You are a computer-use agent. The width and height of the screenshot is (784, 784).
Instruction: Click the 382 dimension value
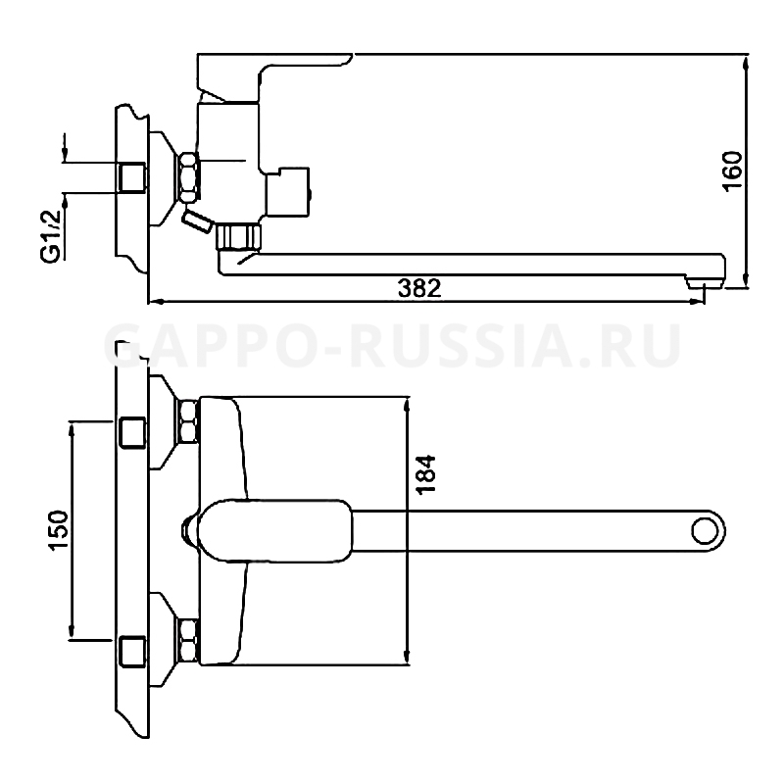419,288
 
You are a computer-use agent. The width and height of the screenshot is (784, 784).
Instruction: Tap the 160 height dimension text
733,171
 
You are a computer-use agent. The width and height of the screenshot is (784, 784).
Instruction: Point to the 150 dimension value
58,530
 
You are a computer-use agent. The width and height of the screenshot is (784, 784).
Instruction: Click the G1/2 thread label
51,235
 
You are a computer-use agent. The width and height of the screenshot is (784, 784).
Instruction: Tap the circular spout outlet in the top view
704,531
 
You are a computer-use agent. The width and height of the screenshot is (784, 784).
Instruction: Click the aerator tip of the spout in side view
704,284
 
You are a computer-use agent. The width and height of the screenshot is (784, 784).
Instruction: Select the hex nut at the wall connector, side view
189,177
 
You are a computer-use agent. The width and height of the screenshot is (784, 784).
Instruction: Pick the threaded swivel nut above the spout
239,237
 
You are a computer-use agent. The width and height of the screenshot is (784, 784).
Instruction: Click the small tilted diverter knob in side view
198,221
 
